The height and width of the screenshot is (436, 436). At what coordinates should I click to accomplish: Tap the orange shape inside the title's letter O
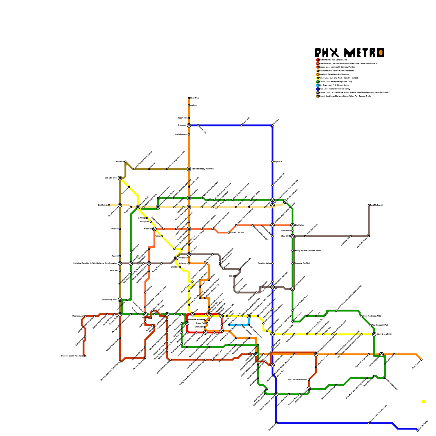(x=380, y=53)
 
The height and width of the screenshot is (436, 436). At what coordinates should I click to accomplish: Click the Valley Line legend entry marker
(x=318, y=78)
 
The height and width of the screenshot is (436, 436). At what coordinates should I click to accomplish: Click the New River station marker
(x=189, y=98)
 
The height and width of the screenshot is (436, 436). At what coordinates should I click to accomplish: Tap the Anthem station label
(x=193, y=105)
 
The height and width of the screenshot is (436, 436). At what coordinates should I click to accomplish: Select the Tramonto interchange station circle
(x=189, y=125)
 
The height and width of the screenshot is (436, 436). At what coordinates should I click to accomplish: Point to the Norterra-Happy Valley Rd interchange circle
(x=189, y=169)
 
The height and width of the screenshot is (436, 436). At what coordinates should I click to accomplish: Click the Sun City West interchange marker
(x=120, y=178)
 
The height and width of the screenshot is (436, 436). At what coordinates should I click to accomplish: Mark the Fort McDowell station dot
(x=369, y=205)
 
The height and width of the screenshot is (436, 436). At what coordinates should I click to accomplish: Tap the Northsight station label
(x=300, y=225)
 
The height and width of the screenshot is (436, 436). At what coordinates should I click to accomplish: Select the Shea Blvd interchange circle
(x=292, y=236)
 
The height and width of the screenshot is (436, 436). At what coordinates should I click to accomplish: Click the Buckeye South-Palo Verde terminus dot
(x=85, y=356)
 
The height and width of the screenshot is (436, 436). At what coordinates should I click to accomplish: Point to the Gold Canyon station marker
(x=422, y=360)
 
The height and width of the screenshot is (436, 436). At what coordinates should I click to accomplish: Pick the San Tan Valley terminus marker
(x=418, y=431)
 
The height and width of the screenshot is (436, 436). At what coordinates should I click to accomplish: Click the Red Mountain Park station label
(x=380, y=325)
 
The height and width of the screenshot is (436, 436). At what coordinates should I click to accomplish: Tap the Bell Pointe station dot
(x=109, y=205)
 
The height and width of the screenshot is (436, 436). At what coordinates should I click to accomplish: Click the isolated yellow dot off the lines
(x=423, y=401)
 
